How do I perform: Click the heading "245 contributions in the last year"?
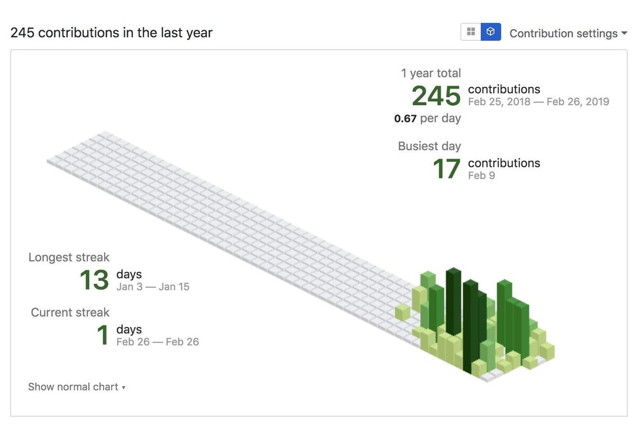[111, 33]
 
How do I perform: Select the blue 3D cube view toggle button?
[491, 32]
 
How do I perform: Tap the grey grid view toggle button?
[471, 32]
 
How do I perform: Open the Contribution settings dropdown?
[568, 33]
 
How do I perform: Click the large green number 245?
[436, 96]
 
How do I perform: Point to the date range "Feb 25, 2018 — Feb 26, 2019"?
[538, 102]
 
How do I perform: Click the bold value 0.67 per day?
[405, 119]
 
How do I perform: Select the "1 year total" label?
[431, 73]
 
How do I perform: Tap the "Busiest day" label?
[429, 146]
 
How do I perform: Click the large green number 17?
[446, 169]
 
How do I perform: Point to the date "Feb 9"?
[481, 175]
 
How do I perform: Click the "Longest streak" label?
[69, 257]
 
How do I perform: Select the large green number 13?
[94, 280]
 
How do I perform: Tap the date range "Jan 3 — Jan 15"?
[153, 287]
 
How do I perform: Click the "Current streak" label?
[70, 312]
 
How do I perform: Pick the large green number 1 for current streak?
[103, 335]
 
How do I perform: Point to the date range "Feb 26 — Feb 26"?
[158, 342]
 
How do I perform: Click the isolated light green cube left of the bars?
[402, 313]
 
